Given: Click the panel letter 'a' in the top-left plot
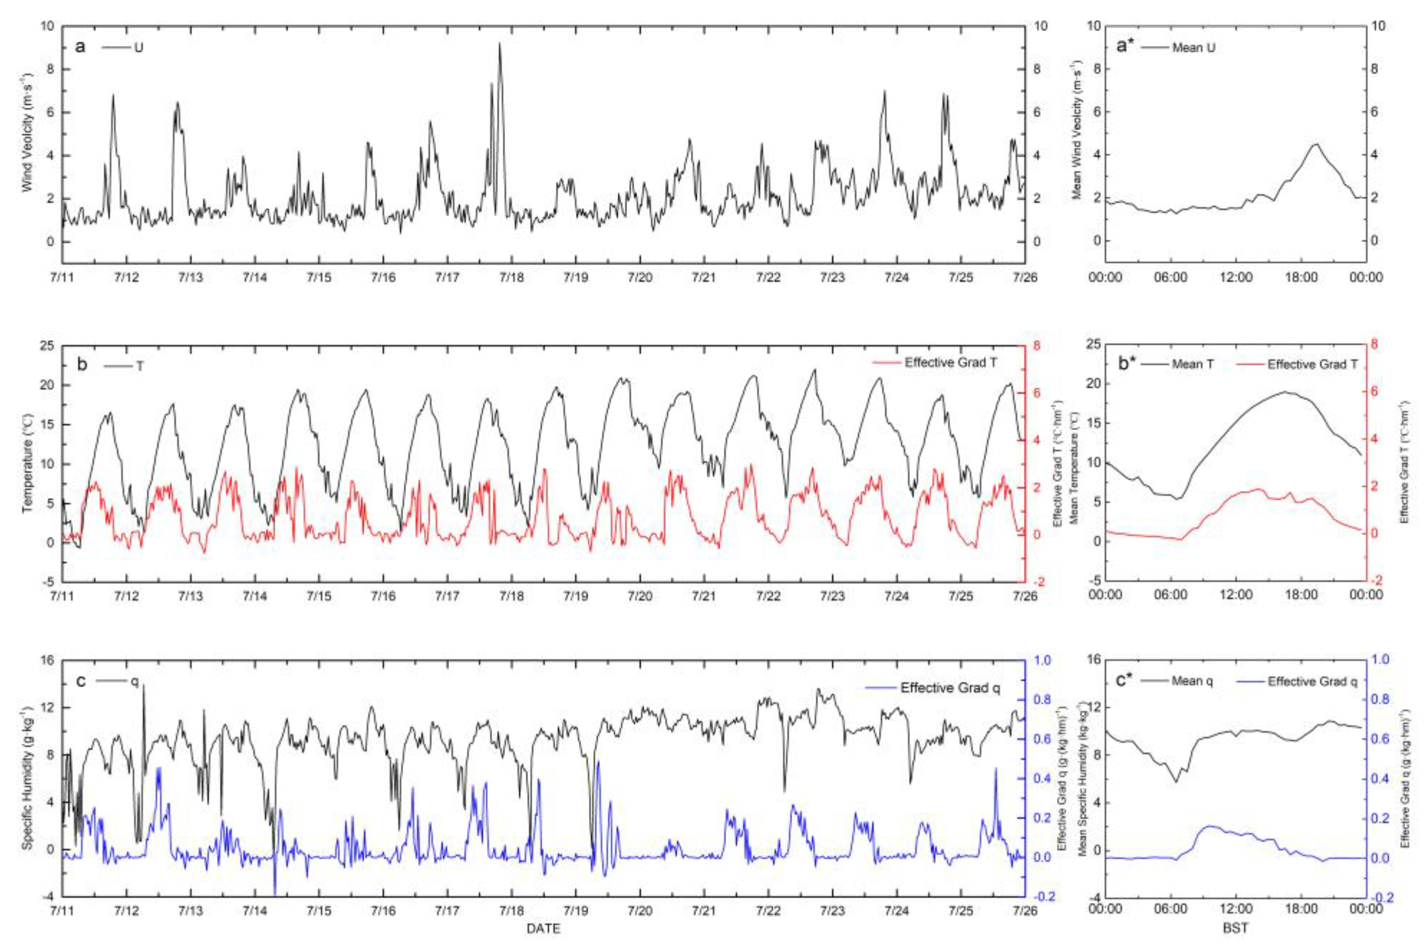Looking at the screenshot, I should pos(80,47).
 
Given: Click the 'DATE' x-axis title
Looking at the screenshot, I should pos(543,928).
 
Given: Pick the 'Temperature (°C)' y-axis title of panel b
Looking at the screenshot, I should pos(27,464).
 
